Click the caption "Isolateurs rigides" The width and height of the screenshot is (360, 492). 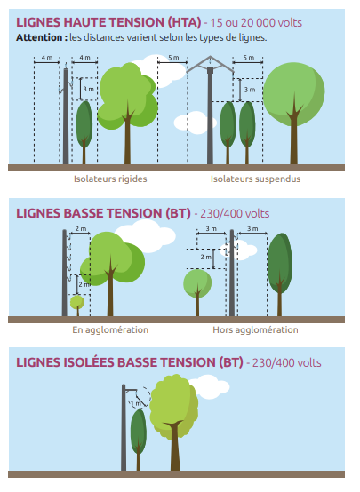110,179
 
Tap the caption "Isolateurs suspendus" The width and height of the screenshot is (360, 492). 255,179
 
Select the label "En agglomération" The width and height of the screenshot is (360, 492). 110,329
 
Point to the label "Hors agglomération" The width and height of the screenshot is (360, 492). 255,329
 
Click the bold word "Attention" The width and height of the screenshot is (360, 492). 40,37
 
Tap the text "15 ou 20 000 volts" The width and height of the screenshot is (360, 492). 256,23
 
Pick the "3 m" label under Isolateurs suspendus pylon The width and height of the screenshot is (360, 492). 250,90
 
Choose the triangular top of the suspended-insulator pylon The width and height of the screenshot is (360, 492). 210,64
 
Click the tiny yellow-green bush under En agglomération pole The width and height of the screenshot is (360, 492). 77,303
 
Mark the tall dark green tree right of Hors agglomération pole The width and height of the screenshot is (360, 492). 280,274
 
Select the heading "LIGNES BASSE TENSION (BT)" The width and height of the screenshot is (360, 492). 103,213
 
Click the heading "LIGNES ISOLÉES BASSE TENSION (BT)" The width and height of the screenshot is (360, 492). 130,362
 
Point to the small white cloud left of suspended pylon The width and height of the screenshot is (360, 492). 194,123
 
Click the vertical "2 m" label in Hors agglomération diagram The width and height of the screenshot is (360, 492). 205,258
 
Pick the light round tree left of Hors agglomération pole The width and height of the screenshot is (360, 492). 197,290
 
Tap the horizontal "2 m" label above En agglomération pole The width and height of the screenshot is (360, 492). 81,229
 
